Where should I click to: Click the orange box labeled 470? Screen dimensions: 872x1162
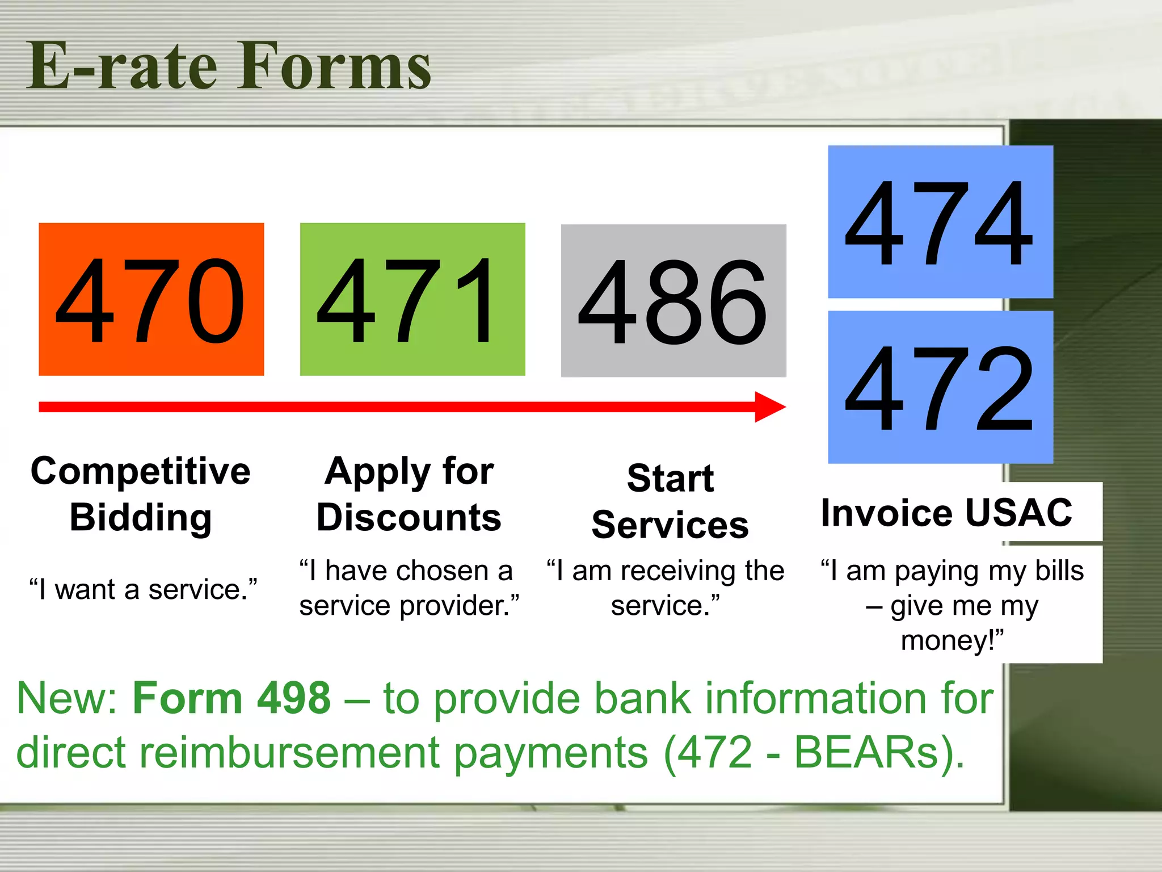tap(151, 299)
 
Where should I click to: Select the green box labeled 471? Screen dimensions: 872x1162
tap(412, 299)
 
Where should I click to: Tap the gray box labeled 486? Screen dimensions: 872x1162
tap(673, 300)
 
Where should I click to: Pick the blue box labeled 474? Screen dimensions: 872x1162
tap(940, 221)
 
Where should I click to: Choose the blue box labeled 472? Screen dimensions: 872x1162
tap(940, 387)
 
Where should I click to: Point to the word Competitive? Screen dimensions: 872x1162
tap(140, 471)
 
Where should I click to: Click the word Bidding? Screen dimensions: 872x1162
tap(140, 518)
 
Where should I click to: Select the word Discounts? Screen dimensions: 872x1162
tap(409, 518)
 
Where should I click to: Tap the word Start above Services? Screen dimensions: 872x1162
tap(670, 478)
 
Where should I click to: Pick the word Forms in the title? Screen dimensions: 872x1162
tap(334, 66)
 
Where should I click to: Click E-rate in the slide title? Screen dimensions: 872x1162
tap(122, 66)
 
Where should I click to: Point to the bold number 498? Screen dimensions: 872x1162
tap(293, 698)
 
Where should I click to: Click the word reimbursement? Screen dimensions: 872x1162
tap(289, 753)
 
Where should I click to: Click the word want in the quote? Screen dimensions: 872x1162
tap(86, 590)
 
